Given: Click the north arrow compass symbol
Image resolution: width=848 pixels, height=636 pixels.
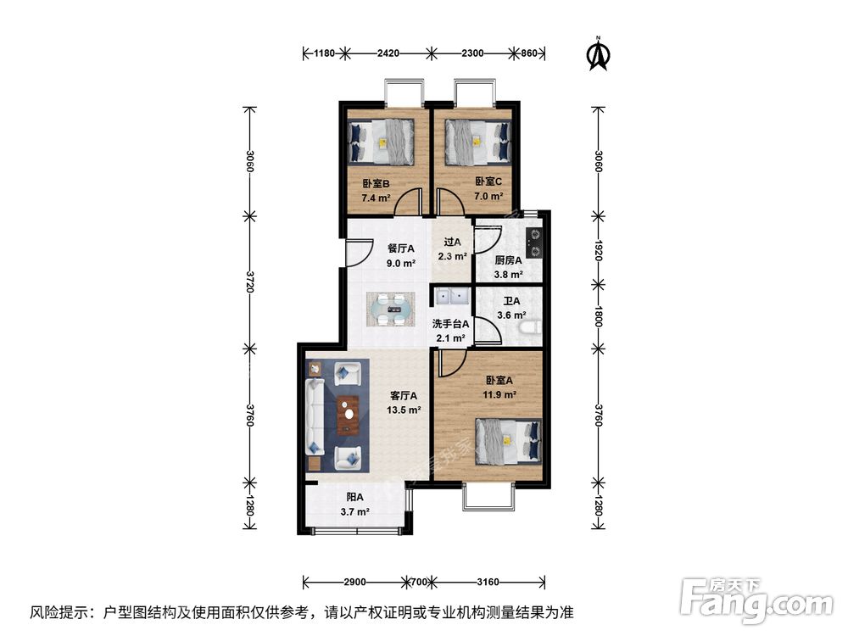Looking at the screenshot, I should [x=600, y=53].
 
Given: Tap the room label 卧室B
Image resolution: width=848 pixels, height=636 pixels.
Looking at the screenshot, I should [x=376, y=183].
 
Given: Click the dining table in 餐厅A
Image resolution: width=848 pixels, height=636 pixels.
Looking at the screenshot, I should [x=390, y=310].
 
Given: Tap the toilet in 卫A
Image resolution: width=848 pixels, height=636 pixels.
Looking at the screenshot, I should [x=532, y=327].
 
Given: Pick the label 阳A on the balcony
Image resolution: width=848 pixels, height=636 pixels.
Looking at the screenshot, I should [x=354, y=498].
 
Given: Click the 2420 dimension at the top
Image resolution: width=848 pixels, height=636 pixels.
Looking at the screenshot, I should [x=388, y=53].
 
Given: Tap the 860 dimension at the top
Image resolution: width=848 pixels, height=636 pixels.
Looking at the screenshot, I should [x=527, y=53].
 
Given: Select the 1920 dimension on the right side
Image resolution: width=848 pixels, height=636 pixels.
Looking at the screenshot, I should [x=598, y=248].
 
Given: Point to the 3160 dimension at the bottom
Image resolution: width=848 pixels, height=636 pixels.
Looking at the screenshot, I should [x=487, y=583].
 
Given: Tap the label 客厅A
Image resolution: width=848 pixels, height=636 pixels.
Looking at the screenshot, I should [x=402, y=395].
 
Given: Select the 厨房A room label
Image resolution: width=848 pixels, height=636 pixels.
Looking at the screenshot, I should [x=508, y=260].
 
